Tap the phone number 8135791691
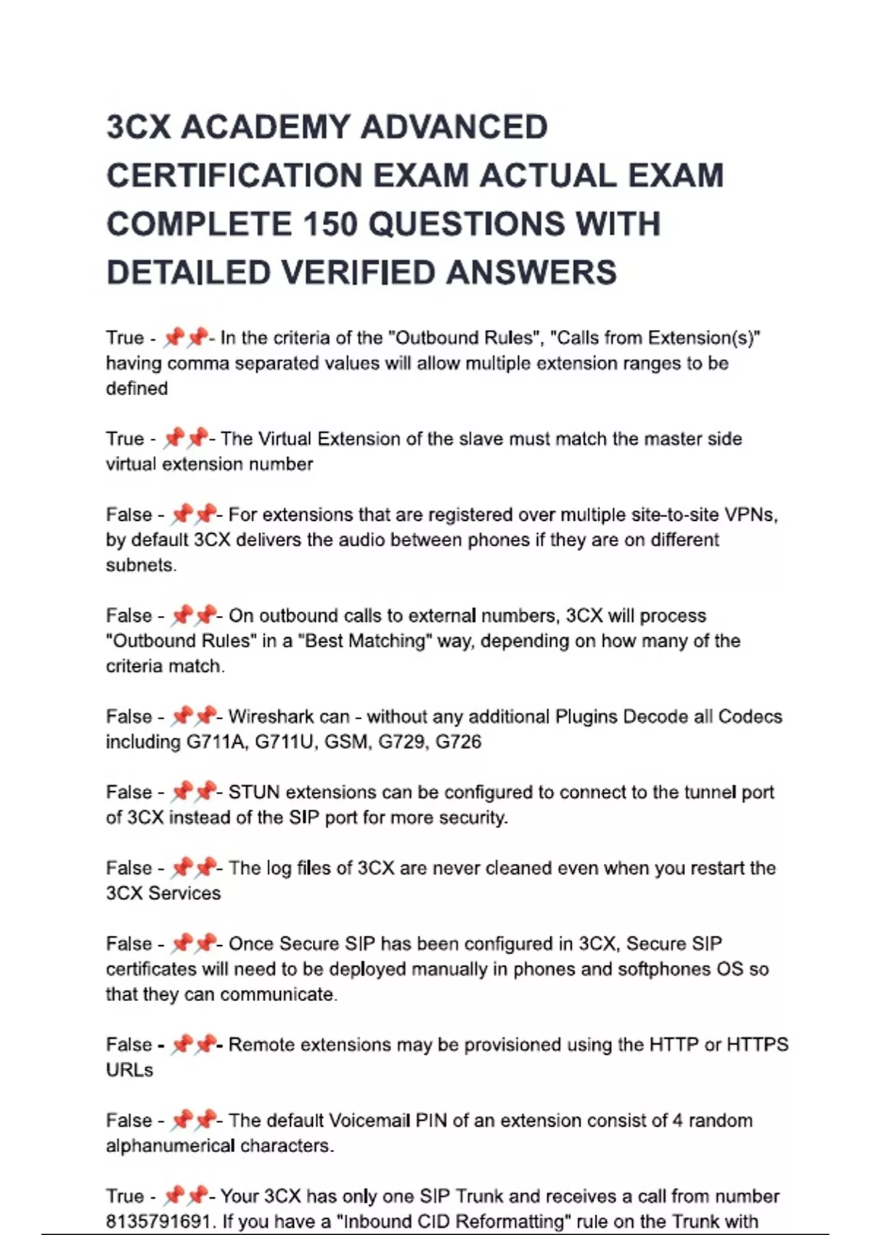[158, 1221]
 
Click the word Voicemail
[369, 1120]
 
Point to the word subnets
[141, 565]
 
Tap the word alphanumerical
[170, 1146]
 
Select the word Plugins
[586, 717]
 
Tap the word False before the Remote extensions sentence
[128, 1045]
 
